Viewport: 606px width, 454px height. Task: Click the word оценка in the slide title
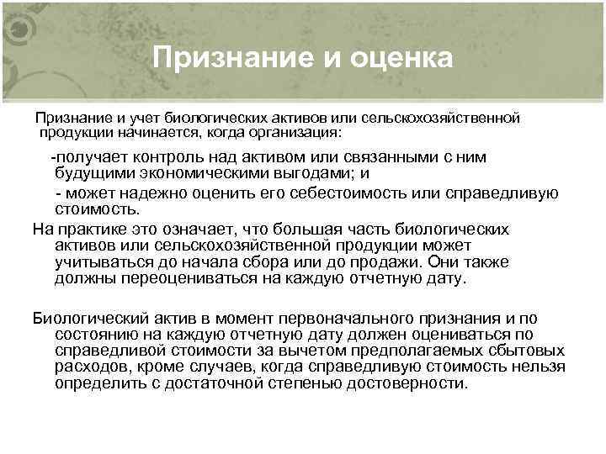coord(399,58)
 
